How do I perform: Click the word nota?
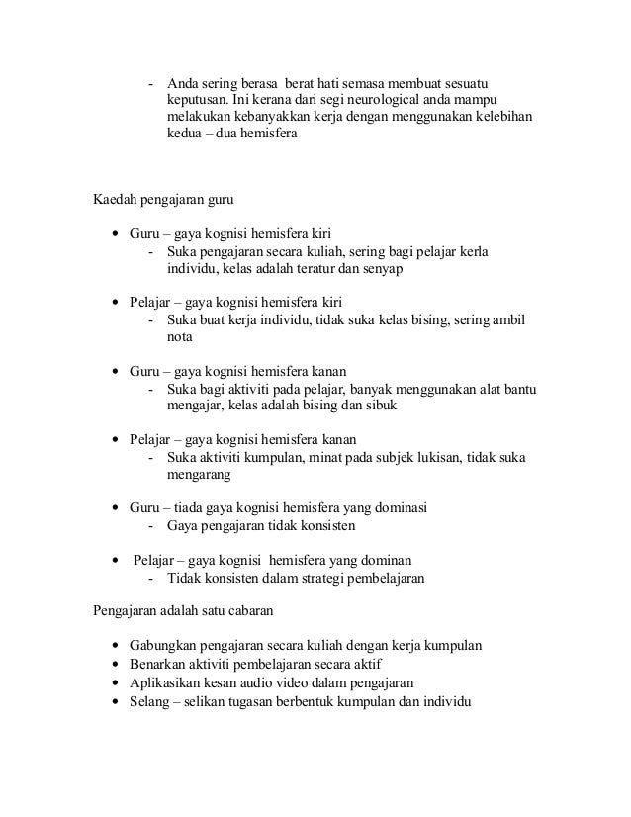point(179,338)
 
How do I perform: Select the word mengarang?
point(198,475)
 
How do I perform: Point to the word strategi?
point(316,579)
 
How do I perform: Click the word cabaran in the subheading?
point(231,611)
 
